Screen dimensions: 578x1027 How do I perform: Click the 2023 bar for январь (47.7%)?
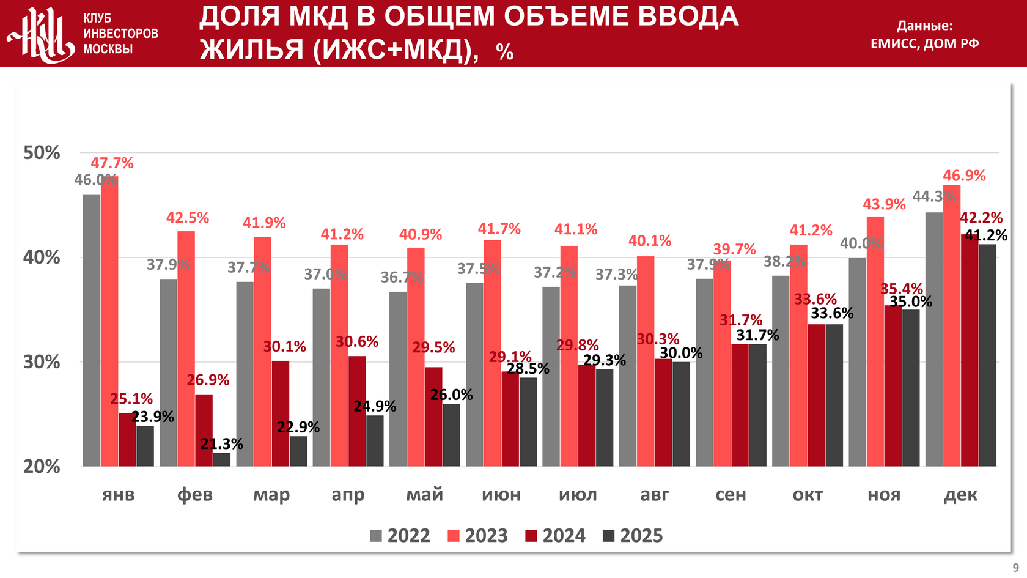(x=109, y=321)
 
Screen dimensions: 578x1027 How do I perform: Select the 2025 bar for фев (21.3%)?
(x=222, y=459)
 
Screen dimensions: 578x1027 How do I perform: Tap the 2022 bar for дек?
(x=933, y=339)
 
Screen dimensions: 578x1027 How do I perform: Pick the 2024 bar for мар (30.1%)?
(x=281, y=413)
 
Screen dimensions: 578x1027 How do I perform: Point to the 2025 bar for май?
(x=451, y=435)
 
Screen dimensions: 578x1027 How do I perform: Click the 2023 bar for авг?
(x=646, y=361)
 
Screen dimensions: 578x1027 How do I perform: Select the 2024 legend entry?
(x=555, y=536)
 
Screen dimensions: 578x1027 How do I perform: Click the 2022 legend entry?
(x=400, y=536)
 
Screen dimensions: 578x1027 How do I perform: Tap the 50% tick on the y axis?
(x=42, y=152)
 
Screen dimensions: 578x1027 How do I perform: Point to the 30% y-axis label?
(x=42, y=361)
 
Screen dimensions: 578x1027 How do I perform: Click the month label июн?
(x=501, y=494)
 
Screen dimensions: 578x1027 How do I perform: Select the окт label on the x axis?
(x=808, y=494)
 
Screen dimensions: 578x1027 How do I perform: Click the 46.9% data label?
(x=964, y=176)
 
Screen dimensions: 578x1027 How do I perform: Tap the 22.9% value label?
(x=298, y=427)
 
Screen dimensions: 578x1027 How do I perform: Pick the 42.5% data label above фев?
(x=188, y=218)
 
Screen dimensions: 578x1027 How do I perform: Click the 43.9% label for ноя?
(x=884, y=204)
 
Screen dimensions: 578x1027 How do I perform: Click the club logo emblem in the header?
(x=40, y=34)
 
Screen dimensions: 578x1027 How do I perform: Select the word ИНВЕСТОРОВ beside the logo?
(x=121, y=34)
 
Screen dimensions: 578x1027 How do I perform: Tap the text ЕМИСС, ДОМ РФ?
(x=924, y=43)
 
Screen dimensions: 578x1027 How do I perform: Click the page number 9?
(x=1015, y=568)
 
